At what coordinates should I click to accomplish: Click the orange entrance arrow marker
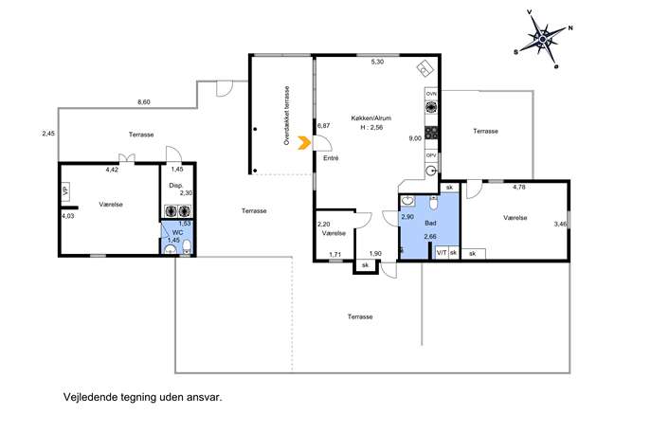click(304, 143)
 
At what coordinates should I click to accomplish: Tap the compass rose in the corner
click(543, 39)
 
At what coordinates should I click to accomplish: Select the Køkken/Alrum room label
click(371, 118)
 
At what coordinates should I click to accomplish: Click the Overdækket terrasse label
click(286, 116)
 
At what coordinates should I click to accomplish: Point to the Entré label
click(331, 158)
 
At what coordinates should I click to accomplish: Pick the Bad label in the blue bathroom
click(430, 224)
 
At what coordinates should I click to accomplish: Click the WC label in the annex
click(177, 232)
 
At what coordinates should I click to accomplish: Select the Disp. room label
click(176, 186)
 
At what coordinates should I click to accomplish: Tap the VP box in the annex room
click(65, 191)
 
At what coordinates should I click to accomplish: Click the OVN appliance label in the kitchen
click(431, 94)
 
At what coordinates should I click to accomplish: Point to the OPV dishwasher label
click(431, 155)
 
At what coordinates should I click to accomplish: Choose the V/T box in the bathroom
click(442, 252)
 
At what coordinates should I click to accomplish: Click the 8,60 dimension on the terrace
click(144, 102)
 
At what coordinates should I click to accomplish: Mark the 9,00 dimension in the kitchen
click(415, 138)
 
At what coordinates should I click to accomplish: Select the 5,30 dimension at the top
click(377, 62)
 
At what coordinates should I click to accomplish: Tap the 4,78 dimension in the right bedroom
click(519, 188)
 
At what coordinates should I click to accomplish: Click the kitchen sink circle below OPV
click(432, 171)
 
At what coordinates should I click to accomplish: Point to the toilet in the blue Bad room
click(433, 203)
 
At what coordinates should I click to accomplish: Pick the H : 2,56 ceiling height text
click(371, 128)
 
